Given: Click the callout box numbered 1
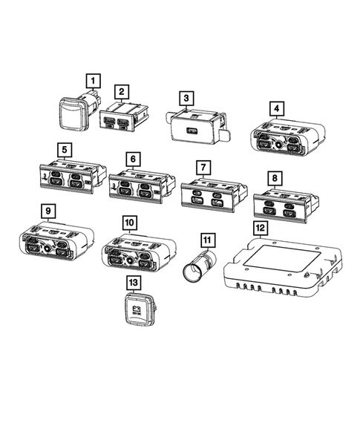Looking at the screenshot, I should pos(93,79).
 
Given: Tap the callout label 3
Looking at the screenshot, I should pos(187,98).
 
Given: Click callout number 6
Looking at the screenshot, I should pos(132,159).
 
